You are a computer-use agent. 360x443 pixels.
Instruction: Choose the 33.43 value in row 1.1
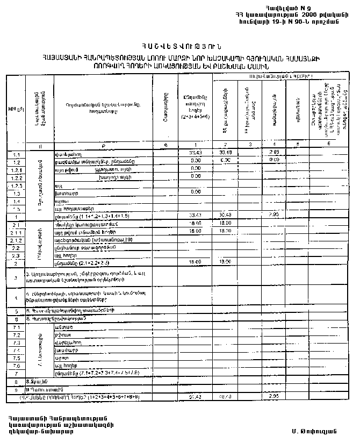(x=195, y=154)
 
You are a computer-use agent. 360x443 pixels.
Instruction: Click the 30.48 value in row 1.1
(x=225, y=154)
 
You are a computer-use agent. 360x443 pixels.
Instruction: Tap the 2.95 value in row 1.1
(x=274, y=154)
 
